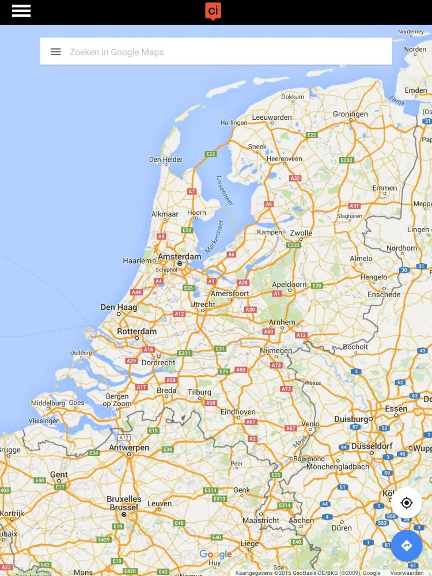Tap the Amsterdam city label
click(179, 256)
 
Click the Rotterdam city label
click(137, 331)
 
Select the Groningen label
click(350, 114)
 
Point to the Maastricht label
click(261, 520)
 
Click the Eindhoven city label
click(238, 412)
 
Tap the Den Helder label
click(165, 160)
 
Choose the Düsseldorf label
click(372, 446)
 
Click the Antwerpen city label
click(129, 448)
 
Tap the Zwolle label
click(301, 233)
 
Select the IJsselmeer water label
click(226, 190)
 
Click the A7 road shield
click(192, 191)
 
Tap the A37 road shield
click(354, 206)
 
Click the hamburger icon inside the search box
click(55, 52)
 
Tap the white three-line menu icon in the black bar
click(21, 11)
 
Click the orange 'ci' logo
click(213, 11)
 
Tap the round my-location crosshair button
click(407, 503)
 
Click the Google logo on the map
click(215, 555)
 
